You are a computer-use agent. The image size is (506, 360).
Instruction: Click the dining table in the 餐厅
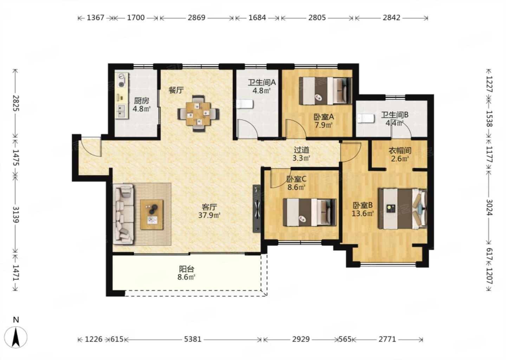[198, 114]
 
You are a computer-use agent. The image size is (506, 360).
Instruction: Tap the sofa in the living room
[123, 214]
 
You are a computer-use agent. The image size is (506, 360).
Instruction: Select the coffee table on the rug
[152, 215]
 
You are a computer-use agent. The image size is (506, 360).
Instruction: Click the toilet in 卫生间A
[245, 104]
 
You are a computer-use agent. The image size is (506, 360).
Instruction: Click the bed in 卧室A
[325, 91]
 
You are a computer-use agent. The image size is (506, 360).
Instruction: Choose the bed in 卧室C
[310, 212]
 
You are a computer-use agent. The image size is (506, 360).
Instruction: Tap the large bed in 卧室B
[403, 209]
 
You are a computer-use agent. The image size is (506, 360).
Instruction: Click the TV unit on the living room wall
[257, 209]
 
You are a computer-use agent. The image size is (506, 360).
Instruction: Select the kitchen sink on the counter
[122, 111]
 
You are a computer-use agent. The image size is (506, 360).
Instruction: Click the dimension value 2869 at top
[196, 18]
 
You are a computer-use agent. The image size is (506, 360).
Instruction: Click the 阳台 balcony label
[187, 269]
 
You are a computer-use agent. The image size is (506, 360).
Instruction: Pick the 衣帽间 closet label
[400, 150]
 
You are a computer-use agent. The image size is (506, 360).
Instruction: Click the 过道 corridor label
[301, 150]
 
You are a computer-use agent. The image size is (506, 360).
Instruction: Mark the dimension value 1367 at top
[96, 18]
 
